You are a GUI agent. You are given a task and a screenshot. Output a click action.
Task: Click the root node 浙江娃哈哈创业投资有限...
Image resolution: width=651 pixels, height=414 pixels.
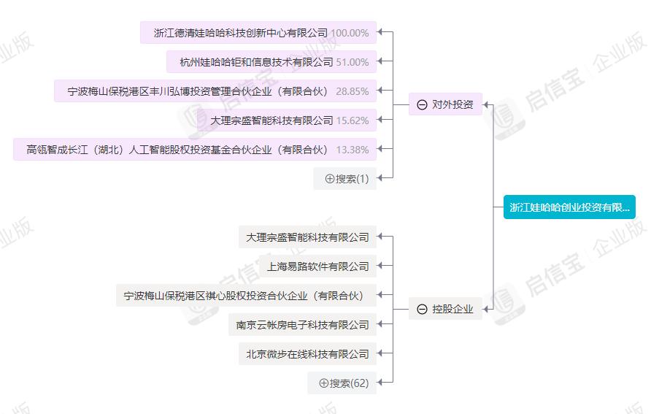(569, 207)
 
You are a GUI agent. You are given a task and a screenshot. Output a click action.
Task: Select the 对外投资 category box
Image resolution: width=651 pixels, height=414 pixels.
(445, 104)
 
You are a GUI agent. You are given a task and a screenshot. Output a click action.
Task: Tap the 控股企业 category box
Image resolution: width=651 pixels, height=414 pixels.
(445, 309)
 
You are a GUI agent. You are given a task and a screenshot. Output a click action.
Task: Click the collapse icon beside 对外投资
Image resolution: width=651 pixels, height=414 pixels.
(422, 104)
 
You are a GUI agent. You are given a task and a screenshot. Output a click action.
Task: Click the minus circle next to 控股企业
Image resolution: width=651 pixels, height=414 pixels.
(422, 310)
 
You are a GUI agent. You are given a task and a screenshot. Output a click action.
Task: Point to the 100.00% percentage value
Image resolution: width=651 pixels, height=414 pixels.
(350, 33)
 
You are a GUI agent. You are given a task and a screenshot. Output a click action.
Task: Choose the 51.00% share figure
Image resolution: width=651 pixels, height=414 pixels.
(352, 62)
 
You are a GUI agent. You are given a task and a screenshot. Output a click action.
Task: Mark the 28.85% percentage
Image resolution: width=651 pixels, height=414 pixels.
(352, 91)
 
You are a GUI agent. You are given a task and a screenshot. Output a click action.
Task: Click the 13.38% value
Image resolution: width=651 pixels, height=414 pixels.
(352, 150)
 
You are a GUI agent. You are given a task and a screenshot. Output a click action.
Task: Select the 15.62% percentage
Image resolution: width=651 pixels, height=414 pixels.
(352, 120)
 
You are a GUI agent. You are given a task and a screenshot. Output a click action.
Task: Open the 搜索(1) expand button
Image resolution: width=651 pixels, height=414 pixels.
(345, 179)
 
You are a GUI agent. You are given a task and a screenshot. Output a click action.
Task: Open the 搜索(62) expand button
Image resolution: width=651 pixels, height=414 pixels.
(342, 383)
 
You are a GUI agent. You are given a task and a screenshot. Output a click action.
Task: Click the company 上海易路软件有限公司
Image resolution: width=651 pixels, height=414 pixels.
(318, 267)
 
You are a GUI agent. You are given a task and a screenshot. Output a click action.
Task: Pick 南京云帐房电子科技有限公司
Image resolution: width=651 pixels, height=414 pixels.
(303, 325)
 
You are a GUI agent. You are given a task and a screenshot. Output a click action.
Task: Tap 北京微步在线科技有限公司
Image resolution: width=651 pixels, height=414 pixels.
(308, 354)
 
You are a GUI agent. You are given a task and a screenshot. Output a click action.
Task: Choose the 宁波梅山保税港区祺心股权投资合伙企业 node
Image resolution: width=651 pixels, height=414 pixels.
(246, 295)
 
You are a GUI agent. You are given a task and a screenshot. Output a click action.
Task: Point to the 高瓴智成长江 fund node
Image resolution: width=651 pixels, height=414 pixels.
(195, 150)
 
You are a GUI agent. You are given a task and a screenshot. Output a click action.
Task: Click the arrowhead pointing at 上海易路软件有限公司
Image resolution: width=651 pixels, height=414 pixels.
(380, 266)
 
